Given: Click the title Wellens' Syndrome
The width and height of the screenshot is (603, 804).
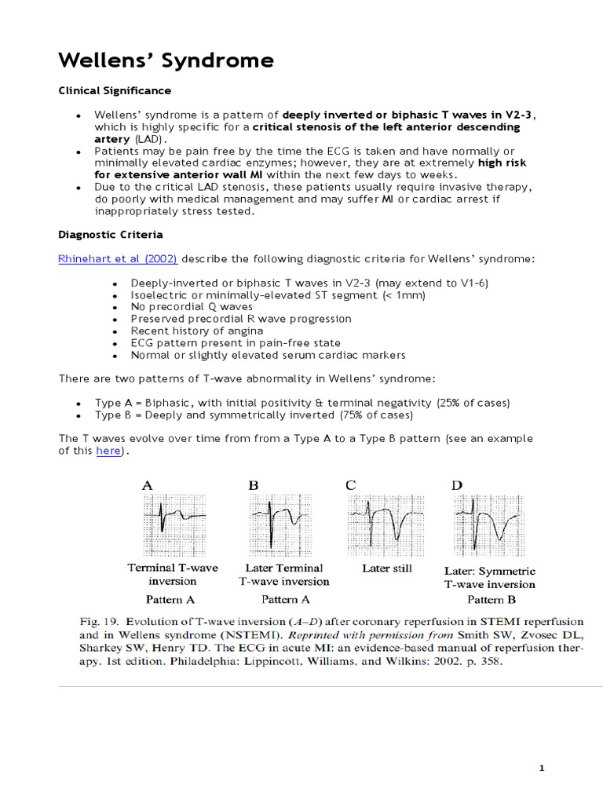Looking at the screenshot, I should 166,60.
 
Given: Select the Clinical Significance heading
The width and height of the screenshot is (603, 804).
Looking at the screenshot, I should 115,91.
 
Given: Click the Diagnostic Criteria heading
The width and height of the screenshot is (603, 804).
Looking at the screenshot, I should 111,234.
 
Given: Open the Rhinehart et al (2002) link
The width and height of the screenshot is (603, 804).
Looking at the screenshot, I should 118,259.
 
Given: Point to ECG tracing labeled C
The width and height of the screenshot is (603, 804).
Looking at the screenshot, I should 386,521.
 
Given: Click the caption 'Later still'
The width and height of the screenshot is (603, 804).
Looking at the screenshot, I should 386,567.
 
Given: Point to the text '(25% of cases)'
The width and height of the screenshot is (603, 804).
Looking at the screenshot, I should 474,403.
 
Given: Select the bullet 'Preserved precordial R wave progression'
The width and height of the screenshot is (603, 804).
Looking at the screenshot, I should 241,319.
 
